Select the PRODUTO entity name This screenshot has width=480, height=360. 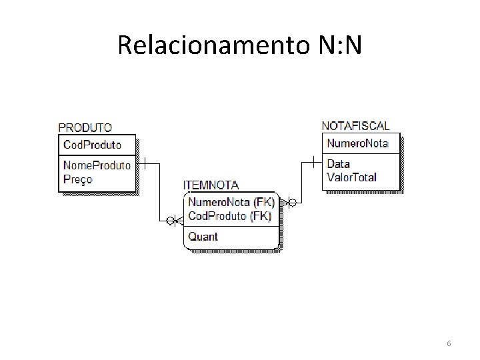(85, 127)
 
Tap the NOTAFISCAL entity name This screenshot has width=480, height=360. (356, 126)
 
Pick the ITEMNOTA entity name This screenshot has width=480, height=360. (211, 185)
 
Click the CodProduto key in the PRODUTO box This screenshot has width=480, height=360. (92, 145)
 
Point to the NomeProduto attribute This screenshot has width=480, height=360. (97, 165)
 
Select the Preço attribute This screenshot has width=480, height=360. (78, 179)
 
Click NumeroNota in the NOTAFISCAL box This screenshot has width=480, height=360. (357, 143)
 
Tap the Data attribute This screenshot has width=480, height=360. (339, 164)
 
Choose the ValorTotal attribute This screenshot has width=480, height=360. (352, 177)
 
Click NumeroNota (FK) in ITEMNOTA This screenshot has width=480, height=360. (231, 202)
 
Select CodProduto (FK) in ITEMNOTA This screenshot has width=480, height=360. (230, 215)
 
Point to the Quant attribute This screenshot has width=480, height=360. (203, 236)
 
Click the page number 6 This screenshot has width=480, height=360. (449, 343)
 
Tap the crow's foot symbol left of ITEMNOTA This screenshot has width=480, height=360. (174, 221)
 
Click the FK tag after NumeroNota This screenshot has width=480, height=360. (264, 202)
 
